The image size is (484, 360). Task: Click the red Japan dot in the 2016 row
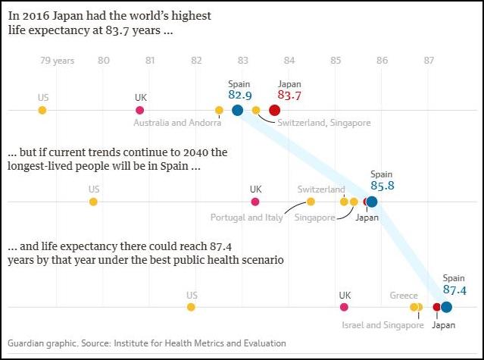coord(275,111)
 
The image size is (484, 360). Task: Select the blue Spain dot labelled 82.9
coord(237,111)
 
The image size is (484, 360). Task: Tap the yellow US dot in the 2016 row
coord(42,111)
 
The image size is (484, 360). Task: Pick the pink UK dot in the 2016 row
coord(140,111)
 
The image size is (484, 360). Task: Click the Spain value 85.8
coord(382,184)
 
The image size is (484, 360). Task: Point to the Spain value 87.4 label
coord(454,290)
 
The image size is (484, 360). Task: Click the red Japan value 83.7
coord(289,95)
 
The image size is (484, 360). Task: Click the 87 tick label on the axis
coord(429,61)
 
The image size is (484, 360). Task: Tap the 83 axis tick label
coord(242,61)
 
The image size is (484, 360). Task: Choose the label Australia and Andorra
coord(177,123)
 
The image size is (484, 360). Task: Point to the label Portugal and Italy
coord(246,218)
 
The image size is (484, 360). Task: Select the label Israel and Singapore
coord(383,325)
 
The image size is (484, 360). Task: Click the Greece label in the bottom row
coord(403,296)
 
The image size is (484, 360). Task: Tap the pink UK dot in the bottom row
coord(345,307)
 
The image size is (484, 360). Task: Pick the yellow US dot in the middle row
coord(93,202)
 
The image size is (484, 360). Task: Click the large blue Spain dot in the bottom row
coord(446,307)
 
